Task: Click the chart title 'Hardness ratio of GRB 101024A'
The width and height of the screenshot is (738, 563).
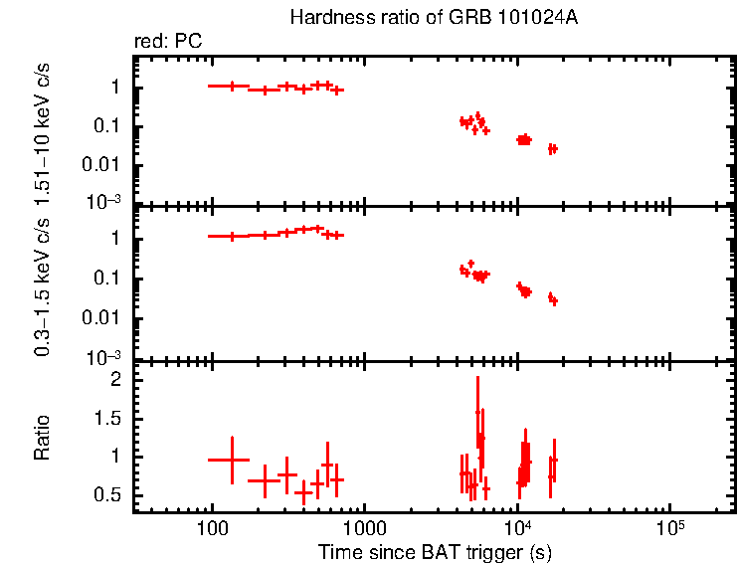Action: (433, 18)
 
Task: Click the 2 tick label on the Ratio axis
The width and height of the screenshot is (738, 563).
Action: (116, 380)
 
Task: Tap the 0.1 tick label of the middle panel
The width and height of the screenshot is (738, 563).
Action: (109, 279)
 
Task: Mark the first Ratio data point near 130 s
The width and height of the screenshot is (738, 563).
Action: (232, 460)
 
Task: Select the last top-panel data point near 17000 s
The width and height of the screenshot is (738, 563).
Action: (554, 149)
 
